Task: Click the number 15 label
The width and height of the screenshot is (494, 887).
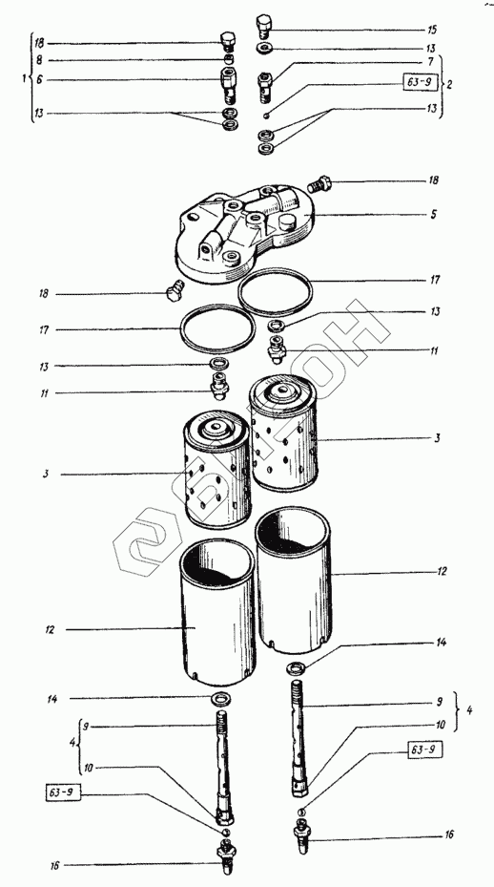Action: click(x=432, y=29)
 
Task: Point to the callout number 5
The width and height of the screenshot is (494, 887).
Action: click(x=434, y=215)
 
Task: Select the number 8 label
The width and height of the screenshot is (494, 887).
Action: click(x=39, y=60)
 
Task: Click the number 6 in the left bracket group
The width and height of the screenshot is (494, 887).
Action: click(x=39, y=80)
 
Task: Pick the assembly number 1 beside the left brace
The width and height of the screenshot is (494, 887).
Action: click(x=24, y=79)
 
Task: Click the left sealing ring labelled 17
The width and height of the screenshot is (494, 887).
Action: click(x=217, y=328)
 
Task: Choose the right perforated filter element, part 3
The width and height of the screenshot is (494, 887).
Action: click(x=284, y=435)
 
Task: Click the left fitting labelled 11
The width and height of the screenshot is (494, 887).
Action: click(x=219, y=387)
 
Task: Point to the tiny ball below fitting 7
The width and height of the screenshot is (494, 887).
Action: click(x=265, y=116)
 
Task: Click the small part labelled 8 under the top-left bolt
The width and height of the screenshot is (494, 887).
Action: click(x=227, y=59)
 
